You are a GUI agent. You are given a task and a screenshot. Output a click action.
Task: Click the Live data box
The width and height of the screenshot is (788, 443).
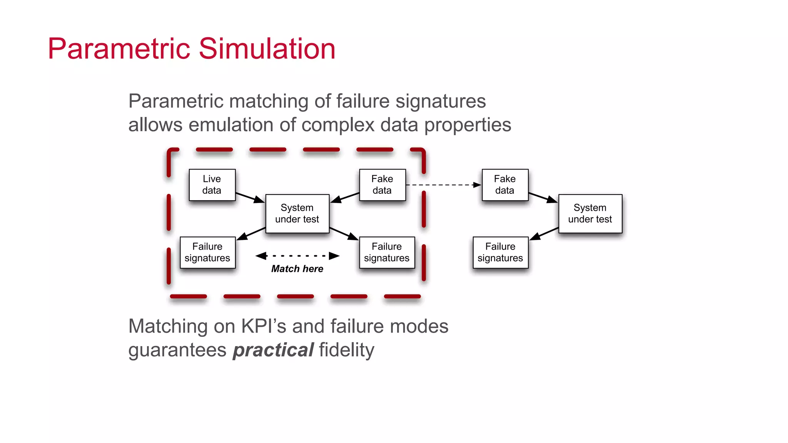point(212,185)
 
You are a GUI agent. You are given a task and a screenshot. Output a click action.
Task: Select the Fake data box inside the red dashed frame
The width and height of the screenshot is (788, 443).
point(382,185)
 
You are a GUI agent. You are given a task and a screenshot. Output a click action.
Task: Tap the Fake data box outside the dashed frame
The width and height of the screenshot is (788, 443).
point(505,185)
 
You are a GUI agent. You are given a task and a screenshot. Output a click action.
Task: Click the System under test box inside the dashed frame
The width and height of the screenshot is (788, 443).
point(297,213)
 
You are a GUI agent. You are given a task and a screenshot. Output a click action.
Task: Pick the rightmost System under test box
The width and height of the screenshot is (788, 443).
point(590,213)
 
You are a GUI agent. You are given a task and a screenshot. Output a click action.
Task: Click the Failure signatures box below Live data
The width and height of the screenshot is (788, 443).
point(207,252)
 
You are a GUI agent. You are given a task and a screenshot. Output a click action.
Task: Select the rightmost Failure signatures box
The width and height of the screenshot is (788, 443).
point(500,252)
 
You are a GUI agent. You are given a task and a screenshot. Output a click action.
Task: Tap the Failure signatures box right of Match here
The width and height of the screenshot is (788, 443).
point(387,252)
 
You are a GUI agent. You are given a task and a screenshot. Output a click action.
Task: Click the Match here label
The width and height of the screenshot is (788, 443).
point(297,269)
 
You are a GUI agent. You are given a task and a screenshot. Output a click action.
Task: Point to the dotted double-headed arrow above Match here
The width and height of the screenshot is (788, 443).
point(297,256)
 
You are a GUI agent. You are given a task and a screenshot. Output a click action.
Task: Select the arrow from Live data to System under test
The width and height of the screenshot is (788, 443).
point(250,197)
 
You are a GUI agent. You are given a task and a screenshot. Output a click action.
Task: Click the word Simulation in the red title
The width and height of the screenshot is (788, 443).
point(267,49)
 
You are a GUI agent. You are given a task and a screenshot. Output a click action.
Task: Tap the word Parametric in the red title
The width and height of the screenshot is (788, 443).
point(120,49)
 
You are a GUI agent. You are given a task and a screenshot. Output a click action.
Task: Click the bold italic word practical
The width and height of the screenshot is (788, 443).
point(273,350)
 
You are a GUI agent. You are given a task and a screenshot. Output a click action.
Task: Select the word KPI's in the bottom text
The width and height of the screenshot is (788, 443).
point(264,326)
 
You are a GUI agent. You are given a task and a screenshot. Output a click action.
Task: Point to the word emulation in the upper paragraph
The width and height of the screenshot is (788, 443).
point(231,125)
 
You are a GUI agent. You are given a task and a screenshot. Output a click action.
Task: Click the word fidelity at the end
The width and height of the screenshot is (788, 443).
point(346,350)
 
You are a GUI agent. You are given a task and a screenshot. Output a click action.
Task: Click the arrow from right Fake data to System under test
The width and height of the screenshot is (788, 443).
point(543,197)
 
